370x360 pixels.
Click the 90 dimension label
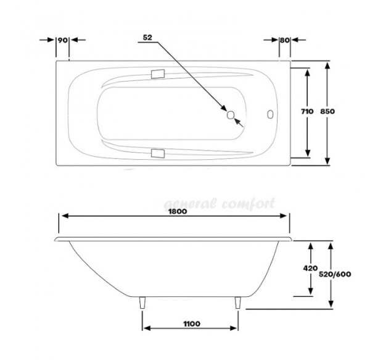pos(62,40)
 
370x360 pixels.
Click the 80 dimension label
pos(285,40)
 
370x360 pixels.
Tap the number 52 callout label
pos(147,37)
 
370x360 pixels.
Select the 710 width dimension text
pos(307,111)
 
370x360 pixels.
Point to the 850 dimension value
pos(327,111)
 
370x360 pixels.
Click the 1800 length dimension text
pos(177,211)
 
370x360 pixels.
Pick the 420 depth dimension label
pos(311,268)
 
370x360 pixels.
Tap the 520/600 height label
pos(335,274)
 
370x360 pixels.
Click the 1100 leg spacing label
pos(192,324)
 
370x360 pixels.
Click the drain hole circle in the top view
pos(231,115)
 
